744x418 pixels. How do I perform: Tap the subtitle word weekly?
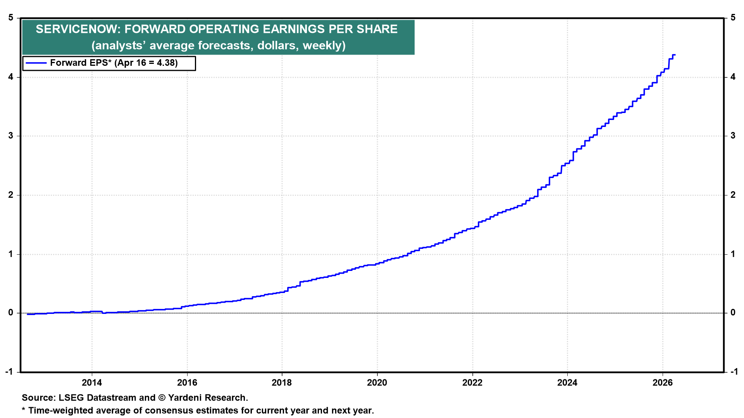[x=324, y=46]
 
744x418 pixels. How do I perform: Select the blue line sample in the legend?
[x=35, y=63]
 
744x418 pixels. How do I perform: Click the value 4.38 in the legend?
[x=167, y=63]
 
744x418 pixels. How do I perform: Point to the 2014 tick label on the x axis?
[x=92, y=383]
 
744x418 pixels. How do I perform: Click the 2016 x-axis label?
[x=187, y=383]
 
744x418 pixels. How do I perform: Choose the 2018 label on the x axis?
[x=282, y=383]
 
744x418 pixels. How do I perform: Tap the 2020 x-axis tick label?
[x=377, y=383]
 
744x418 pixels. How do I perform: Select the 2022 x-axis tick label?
[x=472, y=383]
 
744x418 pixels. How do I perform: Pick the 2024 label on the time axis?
[x=567, y=383]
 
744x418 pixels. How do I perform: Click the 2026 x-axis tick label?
[x=663, y=383]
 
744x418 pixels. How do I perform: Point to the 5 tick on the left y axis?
[x=11, y=18]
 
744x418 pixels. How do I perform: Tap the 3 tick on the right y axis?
[x=733, y=136]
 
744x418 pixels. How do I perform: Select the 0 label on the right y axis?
[x=733, y=313]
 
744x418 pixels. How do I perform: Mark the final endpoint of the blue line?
[x=675, y=55]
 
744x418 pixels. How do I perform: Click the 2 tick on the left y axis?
[x=11, y=195]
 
